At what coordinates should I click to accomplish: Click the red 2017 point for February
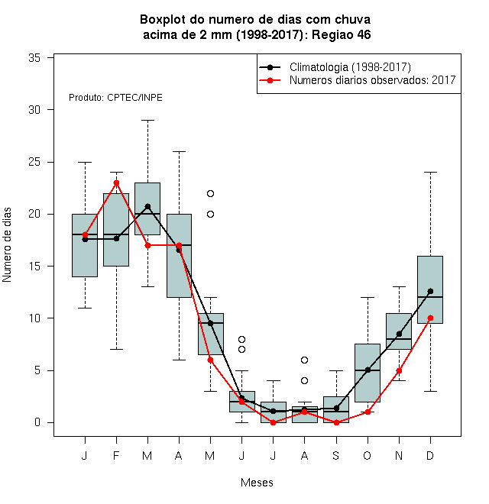pyautogui.click(x=116, y=183)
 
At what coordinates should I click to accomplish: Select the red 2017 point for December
pyautogui.click(x=430, y=318)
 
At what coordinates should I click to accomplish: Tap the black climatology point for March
pyautogui.click(x=147, y=206)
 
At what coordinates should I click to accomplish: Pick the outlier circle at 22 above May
pyautogui.click(x=210, y=193)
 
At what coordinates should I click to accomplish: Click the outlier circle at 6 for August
pyautogui.click(x=304, y=360)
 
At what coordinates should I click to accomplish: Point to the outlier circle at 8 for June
pyautogui.click(x=241, y=339)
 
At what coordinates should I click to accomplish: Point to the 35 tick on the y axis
pyautogui.click(x=50, y=58)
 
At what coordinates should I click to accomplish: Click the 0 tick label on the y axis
pyautogui.click(x=37, y=422)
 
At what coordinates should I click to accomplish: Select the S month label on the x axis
pyautogui.click(x=336, y=455)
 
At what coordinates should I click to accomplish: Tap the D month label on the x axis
pyautogui.click(x=430, y=455)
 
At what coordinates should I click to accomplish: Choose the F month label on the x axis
pyautogui.click(x=116, y=455)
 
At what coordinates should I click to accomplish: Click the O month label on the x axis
pyautogui.click(x=367, y=455)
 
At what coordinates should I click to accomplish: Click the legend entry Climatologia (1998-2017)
pyautogui.click(x=350, y=67)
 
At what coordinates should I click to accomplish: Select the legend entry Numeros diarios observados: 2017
pyautogui.click(x=373, y=80)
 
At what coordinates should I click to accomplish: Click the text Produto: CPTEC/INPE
pyautogui.click(x=115, y=98)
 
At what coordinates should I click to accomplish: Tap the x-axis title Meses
pyautogui.click(x=257, y=483)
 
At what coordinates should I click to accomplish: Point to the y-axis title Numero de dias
pyautogui.click(x=7, y=245)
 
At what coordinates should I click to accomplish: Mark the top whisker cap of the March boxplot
pyautogui.click(x=147, y=120)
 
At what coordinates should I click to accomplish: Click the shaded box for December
pyautogui.click(x=430, y=289)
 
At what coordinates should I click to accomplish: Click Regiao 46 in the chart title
pyautogui.click(x=341, y=34)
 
